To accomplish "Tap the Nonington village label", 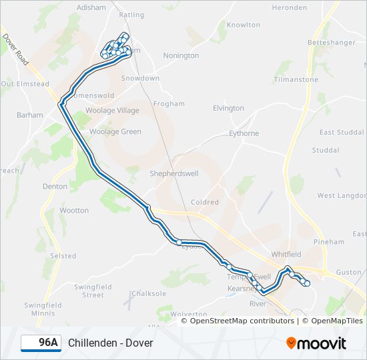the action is (181, 55).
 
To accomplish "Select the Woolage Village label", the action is (114, 111).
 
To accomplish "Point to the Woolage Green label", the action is (115, 132).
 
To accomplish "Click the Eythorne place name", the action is (244, 133).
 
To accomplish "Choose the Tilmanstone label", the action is (296, 79).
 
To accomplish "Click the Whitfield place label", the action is (286, 255).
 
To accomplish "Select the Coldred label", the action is (204, 202).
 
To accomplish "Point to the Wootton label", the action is (74, 211).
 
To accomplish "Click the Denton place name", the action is (55, 187).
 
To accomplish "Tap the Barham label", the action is (30, 115).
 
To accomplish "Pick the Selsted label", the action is (63, 256).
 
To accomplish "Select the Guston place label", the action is (348, 272).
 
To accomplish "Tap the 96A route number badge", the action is (41, 343).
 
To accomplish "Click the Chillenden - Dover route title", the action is (110, 343).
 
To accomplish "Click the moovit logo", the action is (316, 343).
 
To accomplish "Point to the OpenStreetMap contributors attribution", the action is (242, 321).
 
